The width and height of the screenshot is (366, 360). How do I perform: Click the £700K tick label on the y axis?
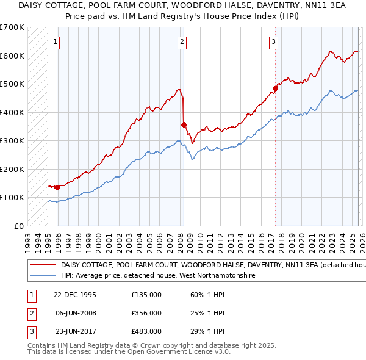point(12,27)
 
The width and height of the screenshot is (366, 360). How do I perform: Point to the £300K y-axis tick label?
point(12,141)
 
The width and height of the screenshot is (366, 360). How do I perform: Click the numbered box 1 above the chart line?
point(56,42)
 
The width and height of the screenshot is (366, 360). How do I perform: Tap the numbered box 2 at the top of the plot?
point(182,42)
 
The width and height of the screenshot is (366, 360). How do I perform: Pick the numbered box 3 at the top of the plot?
point(274,42)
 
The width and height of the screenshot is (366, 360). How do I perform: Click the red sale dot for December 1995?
point(57,187)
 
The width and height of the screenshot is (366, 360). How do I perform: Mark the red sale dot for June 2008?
point(184,124)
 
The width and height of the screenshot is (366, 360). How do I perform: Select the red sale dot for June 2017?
point(275,88)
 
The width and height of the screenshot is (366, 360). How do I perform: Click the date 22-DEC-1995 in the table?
point(75,295)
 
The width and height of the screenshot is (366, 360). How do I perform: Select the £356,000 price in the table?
point(146,313)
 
